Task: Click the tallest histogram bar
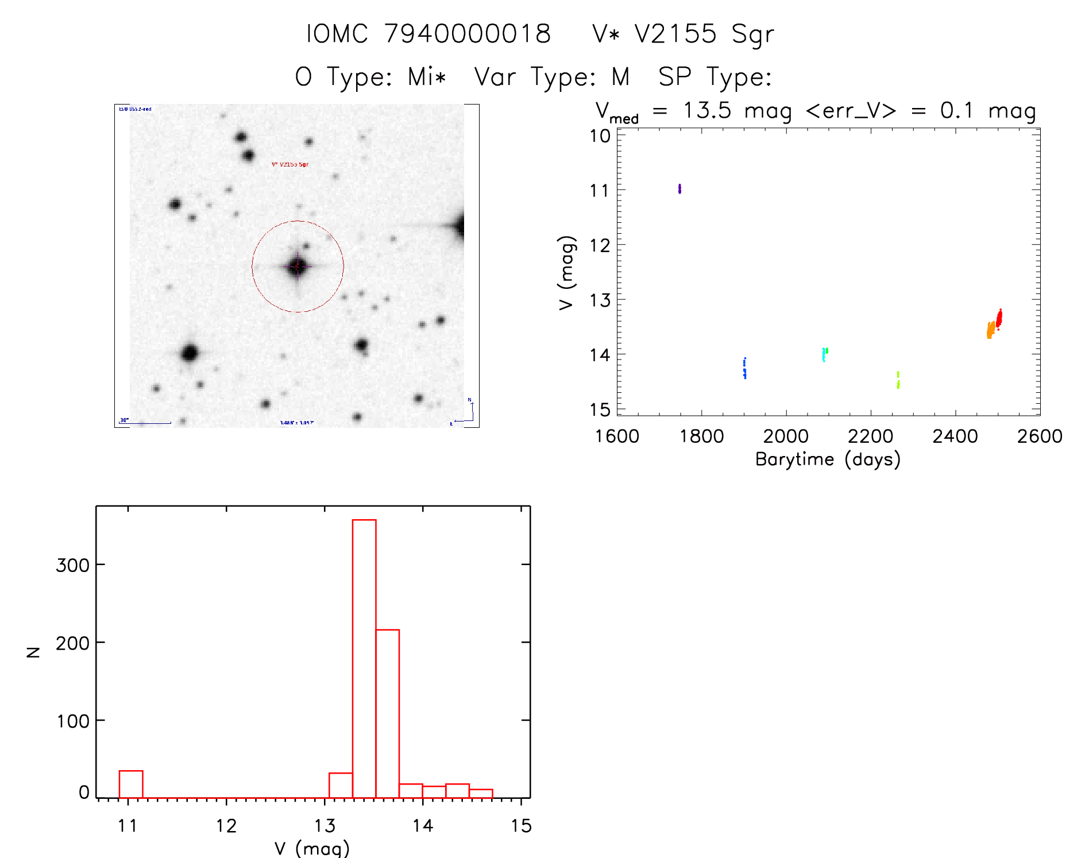[x=364, y=658]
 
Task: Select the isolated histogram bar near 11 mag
[x=131, y=784]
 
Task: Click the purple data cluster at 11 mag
[x=679, y=188]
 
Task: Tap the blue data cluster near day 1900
[x=744, y=369]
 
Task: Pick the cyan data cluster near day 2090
[x=824, y=354]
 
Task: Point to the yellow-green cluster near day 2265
[x=898, y=380]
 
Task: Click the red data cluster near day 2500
[x=999, y=318]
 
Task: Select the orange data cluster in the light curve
[x=990, y=330]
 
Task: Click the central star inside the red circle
[x=297, y=266]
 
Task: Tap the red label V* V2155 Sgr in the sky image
[x=290, y=164]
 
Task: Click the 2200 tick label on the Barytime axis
[x=870, y=436]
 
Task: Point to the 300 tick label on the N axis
[x=72, y=566]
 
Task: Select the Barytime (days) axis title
[x=828, y=459]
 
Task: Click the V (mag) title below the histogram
[x=312, y=848]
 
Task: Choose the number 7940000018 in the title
[x=468, y=34]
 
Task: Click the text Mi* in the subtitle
[x=427, y=76]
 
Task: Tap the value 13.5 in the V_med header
[x=707, y=110]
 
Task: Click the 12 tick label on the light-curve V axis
[x=600, y=246]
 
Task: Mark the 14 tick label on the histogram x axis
[x=423, y=826]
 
